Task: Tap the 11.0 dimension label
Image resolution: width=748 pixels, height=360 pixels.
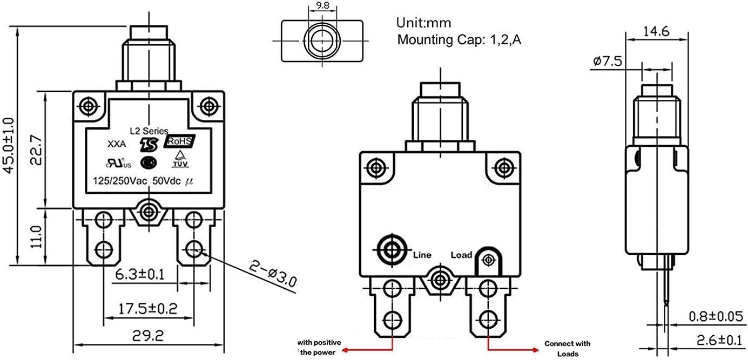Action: point(35,236)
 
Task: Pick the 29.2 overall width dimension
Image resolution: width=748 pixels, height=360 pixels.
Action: point(149,336)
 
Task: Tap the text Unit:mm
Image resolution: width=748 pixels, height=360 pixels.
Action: point(423,23)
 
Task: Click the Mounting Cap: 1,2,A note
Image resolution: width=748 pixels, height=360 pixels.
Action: point(459,40)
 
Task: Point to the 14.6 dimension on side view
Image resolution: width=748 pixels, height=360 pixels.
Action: point(656,32)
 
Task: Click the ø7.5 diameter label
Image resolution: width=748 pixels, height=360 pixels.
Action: point(608,61)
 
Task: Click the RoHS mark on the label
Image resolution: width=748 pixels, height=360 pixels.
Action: point(179,141)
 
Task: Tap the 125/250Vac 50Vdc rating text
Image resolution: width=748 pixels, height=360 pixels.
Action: point(140,182)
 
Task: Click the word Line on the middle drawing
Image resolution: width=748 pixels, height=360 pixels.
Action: point(422,255)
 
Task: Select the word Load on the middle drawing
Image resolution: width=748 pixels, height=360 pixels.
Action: point(461,255)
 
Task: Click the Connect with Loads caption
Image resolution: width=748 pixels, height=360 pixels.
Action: point(567,349)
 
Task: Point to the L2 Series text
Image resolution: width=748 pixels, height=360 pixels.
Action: point(149,131)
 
